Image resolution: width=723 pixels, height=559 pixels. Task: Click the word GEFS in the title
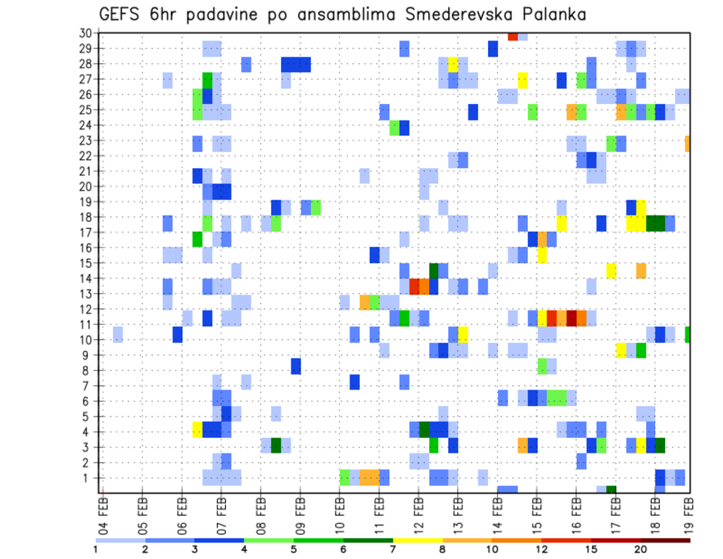pos(122,14)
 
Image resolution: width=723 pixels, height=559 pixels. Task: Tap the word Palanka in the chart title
pos(551,14)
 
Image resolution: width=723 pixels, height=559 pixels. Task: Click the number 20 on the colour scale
pos(641,549)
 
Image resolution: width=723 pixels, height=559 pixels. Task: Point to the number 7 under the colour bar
pos(392,549)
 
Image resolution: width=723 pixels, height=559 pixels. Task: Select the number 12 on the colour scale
pos(541,549)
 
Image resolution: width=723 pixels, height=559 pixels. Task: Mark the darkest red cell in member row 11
pos(572,317)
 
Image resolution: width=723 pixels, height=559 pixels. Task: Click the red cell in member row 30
pos(513,35)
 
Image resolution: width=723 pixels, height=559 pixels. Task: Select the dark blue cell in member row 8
pos(296,366)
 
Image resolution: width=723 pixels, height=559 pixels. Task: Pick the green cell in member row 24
pos(395,128)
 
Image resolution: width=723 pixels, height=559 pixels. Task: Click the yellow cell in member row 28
pos(453,64)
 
